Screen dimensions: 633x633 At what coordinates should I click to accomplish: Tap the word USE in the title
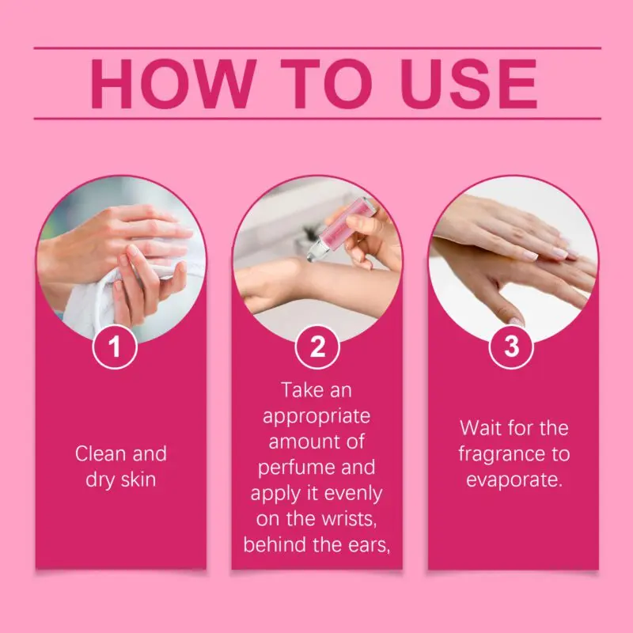pos(468,84)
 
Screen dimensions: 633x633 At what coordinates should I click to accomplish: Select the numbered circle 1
pos(115,347)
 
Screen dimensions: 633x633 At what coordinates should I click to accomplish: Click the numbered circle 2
pos(317,347)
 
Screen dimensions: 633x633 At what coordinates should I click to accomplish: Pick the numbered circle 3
pos(511,347)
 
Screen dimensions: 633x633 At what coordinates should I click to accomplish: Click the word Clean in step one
pos(100,453)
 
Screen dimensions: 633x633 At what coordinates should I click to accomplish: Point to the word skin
pos(138,479)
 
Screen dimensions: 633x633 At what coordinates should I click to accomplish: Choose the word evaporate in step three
pos(514,480)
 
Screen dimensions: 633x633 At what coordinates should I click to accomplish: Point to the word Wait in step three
pos(480,428)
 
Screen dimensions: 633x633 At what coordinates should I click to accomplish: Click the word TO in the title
pos(327,84)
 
